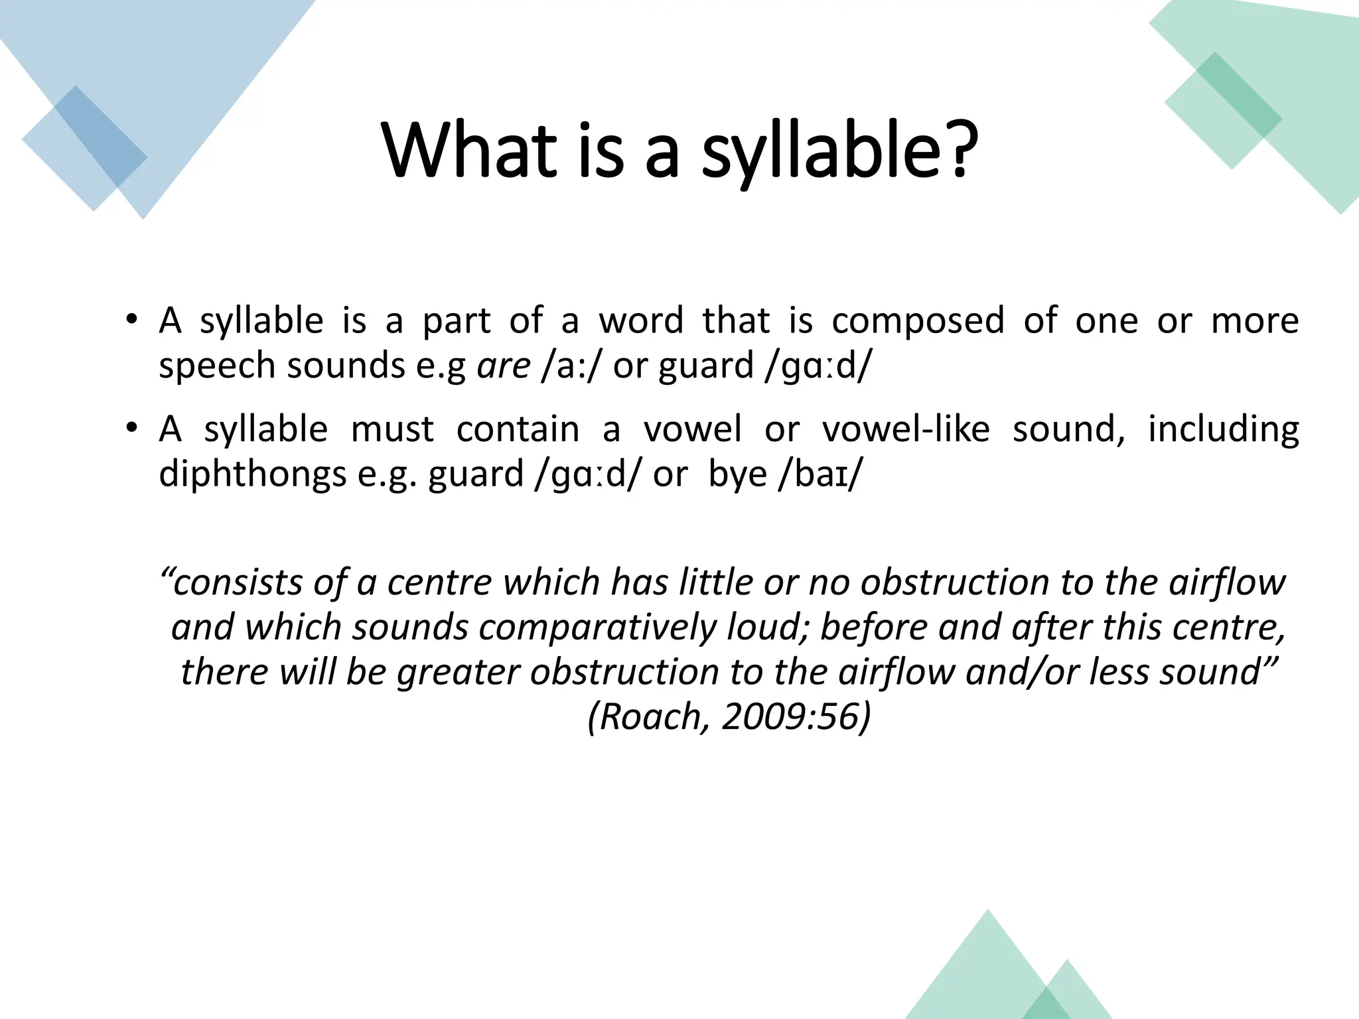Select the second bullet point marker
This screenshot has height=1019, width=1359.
(132, 428)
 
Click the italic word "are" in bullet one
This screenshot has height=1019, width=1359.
(504, 366)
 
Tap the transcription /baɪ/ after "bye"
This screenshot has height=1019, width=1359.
(820, 474)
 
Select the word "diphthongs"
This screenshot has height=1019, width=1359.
(253, 475)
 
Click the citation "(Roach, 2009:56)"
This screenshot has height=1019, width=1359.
(729, 716)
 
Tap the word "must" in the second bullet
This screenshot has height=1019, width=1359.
(392, 429)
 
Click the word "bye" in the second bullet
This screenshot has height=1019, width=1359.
(737, 475)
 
